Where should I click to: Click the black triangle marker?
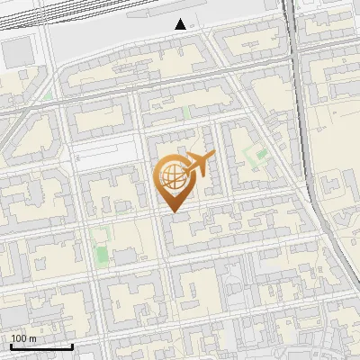click(181, 24)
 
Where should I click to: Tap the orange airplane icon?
click(198, 166)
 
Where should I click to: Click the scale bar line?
click(40, 346)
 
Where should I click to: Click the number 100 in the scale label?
click(20, 338)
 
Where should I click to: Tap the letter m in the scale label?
click(33, 338)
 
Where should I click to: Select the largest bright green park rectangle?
click(100, 245)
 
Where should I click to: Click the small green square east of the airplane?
click(262, 155)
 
